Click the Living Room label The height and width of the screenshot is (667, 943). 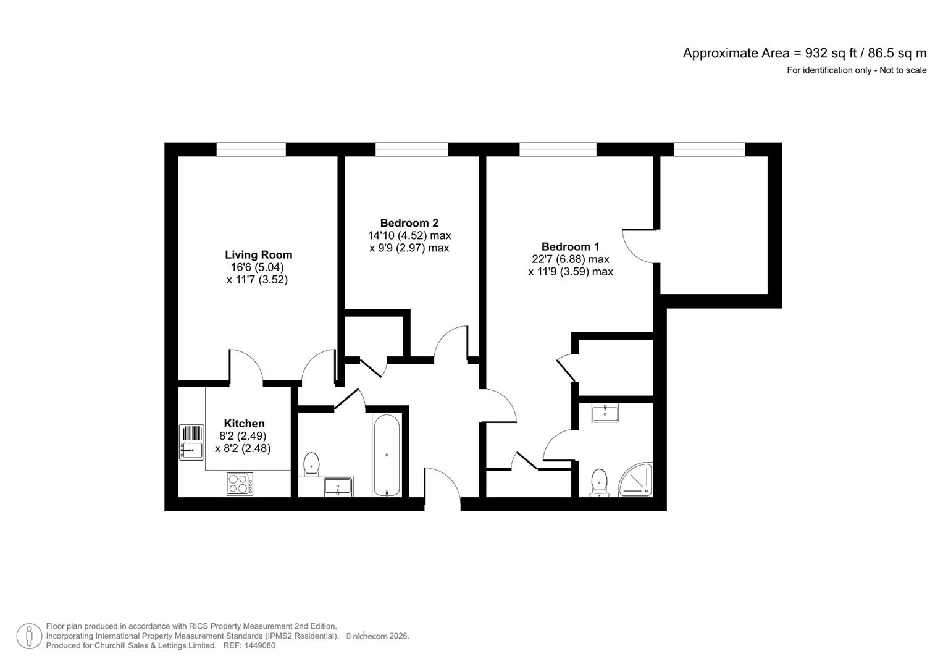[258, 254]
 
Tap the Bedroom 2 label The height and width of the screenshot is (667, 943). [409, 223]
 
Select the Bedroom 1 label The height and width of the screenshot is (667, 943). [570, 246]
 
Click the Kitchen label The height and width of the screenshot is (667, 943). [244, 424]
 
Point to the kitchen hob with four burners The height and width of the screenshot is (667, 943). [240, 483]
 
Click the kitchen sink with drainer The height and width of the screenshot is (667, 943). [191, 442]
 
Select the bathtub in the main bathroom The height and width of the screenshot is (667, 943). [387, 455]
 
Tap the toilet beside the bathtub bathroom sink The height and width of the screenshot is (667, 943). [312, 464]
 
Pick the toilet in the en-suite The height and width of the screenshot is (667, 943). [599, 482]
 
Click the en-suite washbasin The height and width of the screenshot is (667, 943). [605, 413]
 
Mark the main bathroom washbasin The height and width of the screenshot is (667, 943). [338, 487]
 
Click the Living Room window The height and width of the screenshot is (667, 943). [251, 149]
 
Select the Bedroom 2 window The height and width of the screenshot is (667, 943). [411, 149]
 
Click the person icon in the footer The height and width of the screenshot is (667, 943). [29, 636]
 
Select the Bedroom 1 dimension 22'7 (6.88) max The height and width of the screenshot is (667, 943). [570, 259]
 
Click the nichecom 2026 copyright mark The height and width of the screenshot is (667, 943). [377, 636]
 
